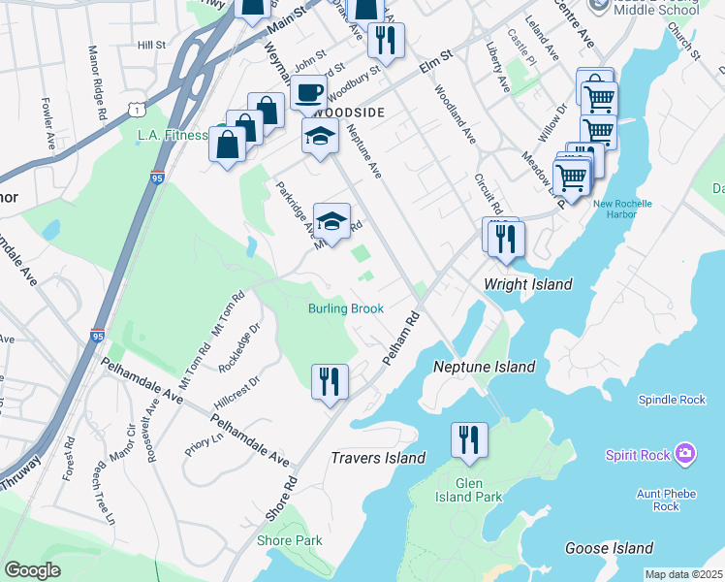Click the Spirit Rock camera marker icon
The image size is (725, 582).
(686, 453)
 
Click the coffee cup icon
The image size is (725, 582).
(308, 92)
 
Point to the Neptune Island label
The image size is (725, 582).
(485, 367)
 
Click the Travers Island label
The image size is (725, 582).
(378, 458)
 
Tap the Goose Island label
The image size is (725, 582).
(610, 548)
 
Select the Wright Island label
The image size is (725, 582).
(527, 284)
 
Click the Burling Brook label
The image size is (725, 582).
(346, 308)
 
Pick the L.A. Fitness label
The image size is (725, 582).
(172, 135)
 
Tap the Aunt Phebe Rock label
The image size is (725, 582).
(669, 500)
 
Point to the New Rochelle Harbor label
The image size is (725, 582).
(622, 210)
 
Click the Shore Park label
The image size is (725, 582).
(289, 540)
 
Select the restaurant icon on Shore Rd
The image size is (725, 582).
(330, 380)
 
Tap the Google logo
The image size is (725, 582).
(32, 570)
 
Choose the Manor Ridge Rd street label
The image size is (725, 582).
(98, 82)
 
